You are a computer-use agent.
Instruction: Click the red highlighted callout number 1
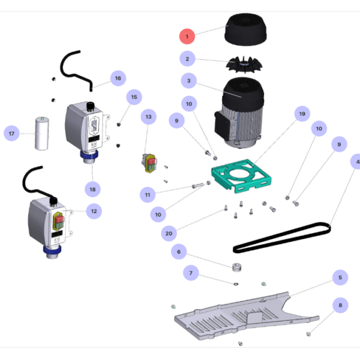[x=187, y=36]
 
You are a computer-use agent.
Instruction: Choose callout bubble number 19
[x=302, y=113]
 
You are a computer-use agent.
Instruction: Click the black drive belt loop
[x=282, y=236]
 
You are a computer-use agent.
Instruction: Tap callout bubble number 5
[x=340, y=278]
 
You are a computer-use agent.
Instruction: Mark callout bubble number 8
[x=340, y=305]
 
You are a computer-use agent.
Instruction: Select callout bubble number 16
[x=118, y=78]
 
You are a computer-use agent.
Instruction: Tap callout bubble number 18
[x=92, y=189]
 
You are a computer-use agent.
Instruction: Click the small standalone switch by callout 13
[x=149, y=162]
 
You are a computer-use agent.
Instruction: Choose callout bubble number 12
[x=92, y=211]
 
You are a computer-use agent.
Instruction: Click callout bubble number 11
[x=148, y=195]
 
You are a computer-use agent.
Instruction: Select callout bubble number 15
[x=134, y=97]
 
